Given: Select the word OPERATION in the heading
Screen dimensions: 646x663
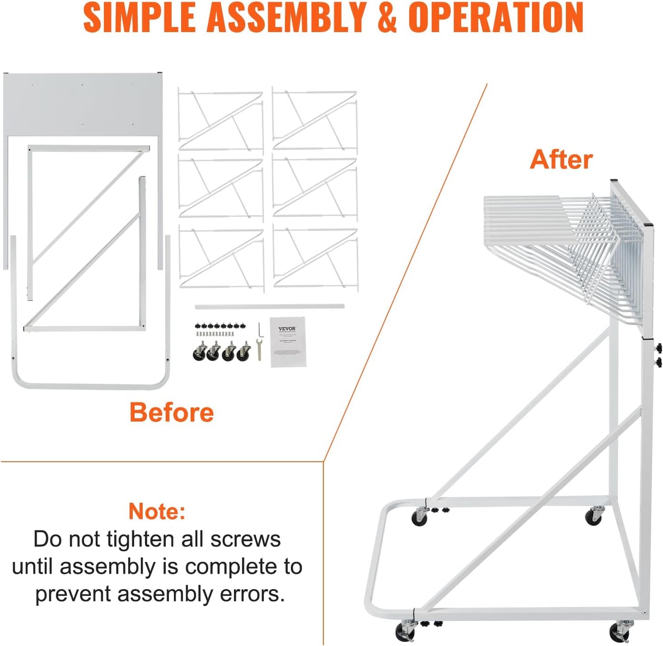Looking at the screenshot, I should [x=496, y=17].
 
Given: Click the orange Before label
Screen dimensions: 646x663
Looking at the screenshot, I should [x=171, y=412].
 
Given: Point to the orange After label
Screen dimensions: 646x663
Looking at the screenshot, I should [x=561, y=160].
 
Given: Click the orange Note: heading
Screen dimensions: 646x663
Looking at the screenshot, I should [x=157, y=511].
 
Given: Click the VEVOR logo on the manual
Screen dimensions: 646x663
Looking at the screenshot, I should [x=287, y=329].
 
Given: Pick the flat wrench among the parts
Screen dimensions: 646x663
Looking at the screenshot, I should [x=259, y=349].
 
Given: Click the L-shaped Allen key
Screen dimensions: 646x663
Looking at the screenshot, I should [x=260, y=329].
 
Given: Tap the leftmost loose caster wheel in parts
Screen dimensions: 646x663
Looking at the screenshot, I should [x=199, y=352].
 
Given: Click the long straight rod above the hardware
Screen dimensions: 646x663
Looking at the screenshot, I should [x=269, y=306].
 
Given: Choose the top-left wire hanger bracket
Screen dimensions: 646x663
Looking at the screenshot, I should [x=221, y=120].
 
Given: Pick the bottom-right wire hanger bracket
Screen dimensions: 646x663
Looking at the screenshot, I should [x=315, y=258].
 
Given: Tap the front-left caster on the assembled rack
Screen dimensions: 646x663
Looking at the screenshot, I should [x=405, y=631].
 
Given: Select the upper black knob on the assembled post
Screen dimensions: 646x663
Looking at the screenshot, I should [x=659, y=347].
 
